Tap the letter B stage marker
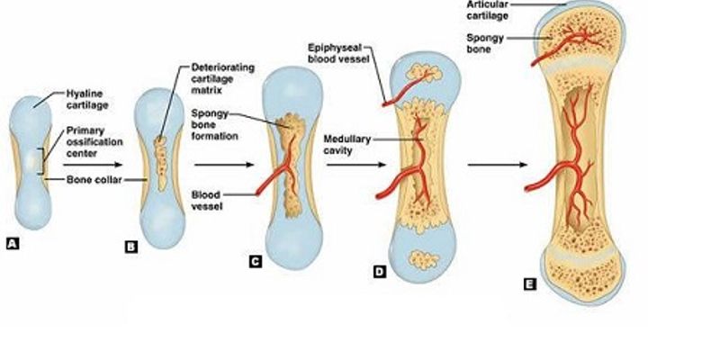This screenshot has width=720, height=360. [x=130, y=243]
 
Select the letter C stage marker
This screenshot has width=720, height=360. [x=255, y=261]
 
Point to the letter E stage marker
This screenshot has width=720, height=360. [x=528, y=283]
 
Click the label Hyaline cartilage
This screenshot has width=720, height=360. [x=87, y=98]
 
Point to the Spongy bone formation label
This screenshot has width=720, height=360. [x=213, y=125]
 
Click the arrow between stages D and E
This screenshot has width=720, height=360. [x=495, y=165]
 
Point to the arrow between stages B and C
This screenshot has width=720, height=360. [x=218, y=165]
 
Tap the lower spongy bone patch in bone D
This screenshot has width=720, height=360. [x=418, y=260]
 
